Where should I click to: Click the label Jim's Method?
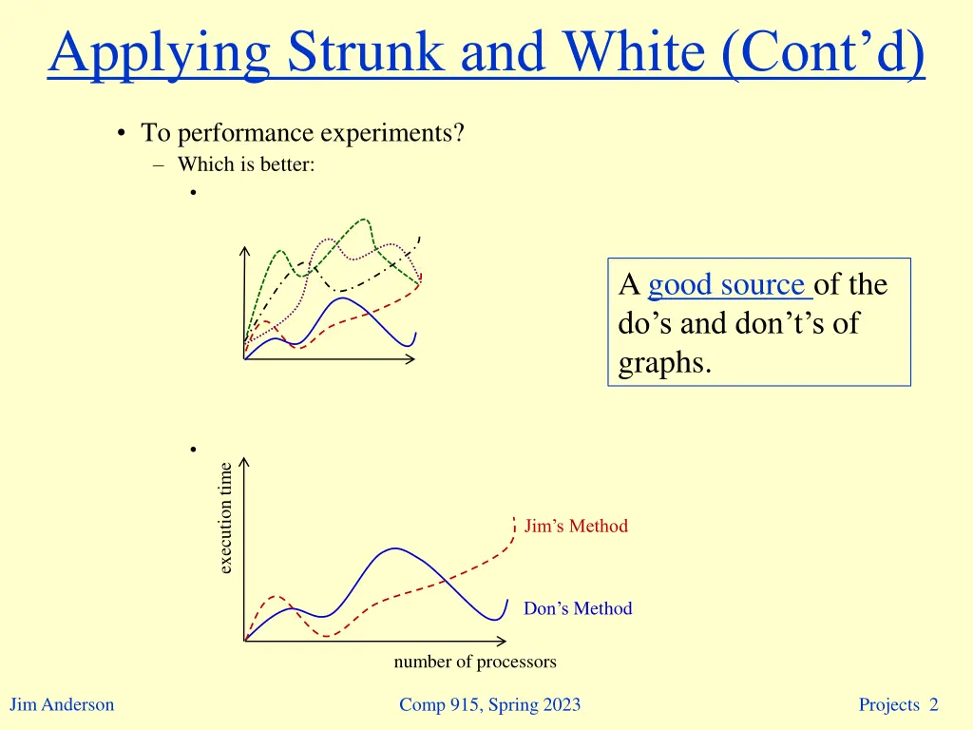click(x=576, y=527)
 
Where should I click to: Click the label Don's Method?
click(x=578, y=609)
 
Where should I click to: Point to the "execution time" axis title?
click(x=225, y=518)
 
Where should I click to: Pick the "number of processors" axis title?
click(x=475, y=663)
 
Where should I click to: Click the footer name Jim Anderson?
click(x=62, y=705)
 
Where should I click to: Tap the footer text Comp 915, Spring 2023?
click(x=489, y=705)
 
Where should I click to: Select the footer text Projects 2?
click(x=898, y=705)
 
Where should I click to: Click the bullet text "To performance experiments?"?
click(x=302, y=133)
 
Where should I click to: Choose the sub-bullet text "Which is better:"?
click(x=246, y=164)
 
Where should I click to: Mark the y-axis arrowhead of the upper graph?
click(x=245, y=251)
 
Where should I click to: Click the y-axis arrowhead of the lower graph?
click(x=245, y=462)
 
